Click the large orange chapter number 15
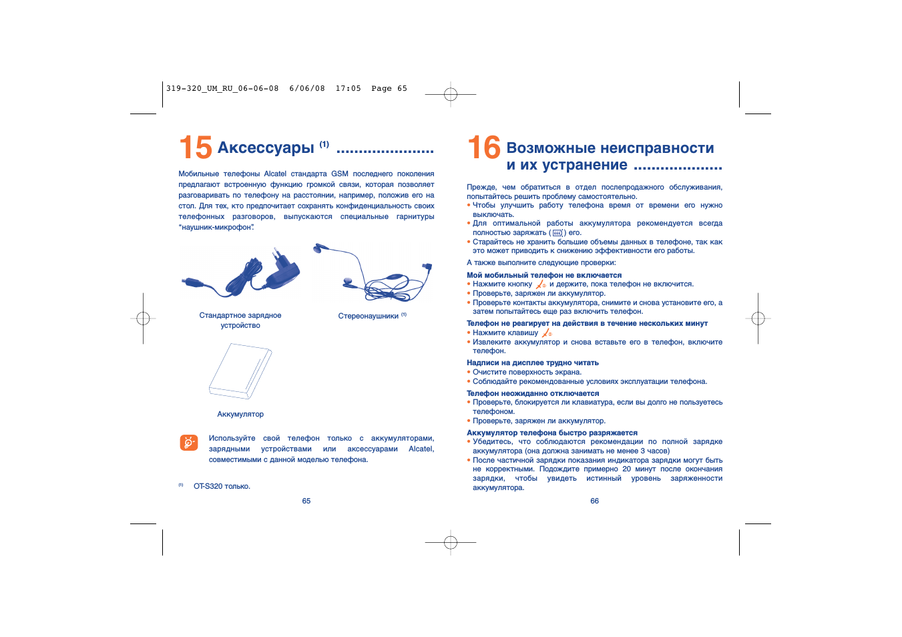tap(196, 147)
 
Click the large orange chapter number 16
tap(483, 147)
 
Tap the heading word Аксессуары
tap(266, 148)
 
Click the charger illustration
tap(241, 272)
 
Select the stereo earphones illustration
tap(373, 272)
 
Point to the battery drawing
tap(240, 371)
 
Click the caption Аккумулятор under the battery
tap(240, 414)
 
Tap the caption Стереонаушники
tap(368, 316)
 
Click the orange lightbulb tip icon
tap(189, 443)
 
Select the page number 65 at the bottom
tap(306, 501)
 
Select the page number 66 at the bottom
tap(595, 501)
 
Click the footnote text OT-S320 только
tap(222, 486)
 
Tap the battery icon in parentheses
tap(557, 233)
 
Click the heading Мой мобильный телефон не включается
tap(544, 275)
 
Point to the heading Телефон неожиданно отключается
tap(533, 393)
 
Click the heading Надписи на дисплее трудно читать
tap(533, 363)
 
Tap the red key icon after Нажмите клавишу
tap(547, 333)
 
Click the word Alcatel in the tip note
tap(421, 449)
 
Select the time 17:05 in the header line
tap(349, 89)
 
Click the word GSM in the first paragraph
tap(339, 174)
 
